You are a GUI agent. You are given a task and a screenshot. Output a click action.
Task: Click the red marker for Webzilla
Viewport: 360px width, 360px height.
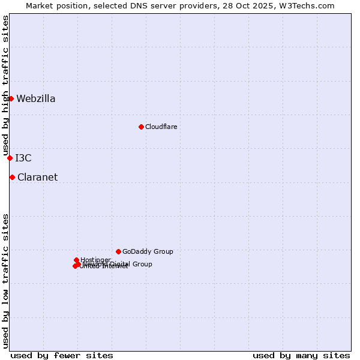[x=11, y=98]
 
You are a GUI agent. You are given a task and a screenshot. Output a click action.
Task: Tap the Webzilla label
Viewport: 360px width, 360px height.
[x=36, y=99]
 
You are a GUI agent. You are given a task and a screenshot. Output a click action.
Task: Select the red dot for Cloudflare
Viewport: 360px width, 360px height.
[x=141, y=127]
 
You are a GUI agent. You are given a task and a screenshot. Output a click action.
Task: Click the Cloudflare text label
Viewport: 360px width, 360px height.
[x=161, y=127]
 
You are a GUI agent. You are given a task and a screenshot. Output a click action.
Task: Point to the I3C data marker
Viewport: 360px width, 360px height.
[x=10, y=158]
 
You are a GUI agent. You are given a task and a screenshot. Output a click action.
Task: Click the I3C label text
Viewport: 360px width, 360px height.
[x=23, y=158]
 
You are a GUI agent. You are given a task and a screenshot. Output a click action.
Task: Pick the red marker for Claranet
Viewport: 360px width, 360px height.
[x=12, y=177]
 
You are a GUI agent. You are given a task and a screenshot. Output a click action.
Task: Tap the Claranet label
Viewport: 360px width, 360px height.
[x=37, y=178]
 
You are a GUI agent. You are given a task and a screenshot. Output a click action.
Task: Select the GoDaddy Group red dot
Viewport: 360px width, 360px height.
[x=118, y=251]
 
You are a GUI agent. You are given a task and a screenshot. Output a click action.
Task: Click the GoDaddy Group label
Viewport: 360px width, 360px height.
[x=148, y=252]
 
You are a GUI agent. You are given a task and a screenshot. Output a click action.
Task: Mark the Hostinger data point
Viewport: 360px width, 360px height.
[x=76, y=260]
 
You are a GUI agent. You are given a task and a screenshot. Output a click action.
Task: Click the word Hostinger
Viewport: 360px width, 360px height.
[x=95, y=260]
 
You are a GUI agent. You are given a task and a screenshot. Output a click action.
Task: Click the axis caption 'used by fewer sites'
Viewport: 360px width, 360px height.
[x=62, y=355]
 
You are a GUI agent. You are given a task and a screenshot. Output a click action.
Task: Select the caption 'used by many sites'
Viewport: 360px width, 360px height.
[x=301, y=355]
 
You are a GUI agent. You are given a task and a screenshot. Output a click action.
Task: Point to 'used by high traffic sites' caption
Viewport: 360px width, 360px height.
[x=6, y=85]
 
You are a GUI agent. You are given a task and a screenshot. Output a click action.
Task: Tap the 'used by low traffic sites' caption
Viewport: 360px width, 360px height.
[x=6, y=281]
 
